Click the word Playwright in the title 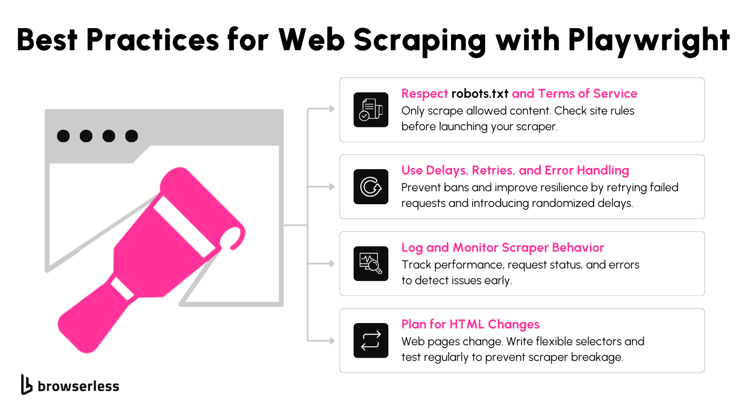pyautogui.click(x=649, y=41)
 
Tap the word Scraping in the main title pyautogui.click(x=419, y=41)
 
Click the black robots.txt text pyautogui.click(x=480, y=94)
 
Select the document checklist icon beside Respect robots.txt pyautogui.click(x=371, y=110)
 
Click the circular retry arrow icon pyautogui.click(x=371, y=187)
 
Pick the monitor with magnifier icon pyautogui.click(x=371, y=264)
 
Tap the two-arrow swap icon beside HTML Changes pyautogui.click(x=371, y=340)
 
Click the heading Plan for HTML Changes pyautogui.click(x=470, y=324)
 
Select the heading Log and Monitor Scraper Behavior pyautogui.click(x=502, y=247)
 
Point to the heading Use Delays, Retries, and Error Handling pyautogui.click(x=515, y=171)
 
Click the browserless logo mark pyautogui.click(x=26, y=384)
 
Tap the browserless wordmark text pyautogui.click(x=78, y=386)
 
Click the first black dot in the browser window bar pyautogui.click(x=63, y=136)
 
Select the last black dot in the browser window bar pyautogui.click(x=131, y=136)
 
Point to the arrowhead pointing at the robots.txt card pyautogui.click(x=332, y=109)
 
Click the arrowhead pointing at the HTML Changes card pyautogui.click(x=332, y=340)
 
